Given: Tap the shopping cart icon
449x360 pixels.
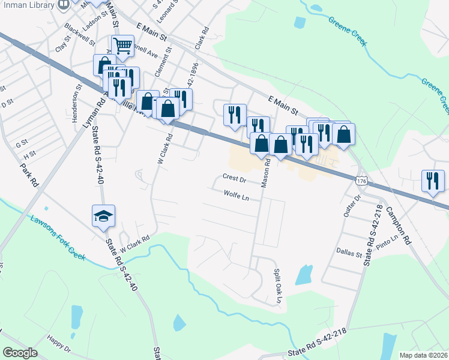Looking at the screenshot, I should [123, 45].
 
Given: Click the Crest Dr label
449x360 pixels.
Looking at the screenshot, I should [235, 178].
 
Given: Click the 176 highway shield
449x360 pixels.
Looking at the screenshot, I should [361, 181].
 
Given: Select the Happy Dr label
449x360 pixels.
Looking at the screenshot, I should [59, 344].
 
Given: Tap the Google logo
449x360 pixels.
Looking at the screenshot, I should [20, 353].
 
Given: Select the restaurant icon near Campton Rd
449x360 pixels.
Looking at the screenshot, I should [433, 181].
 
